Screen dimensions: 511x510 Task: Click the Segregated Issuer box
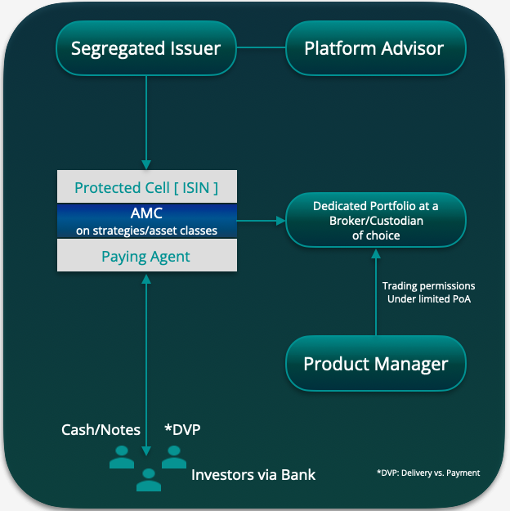145,47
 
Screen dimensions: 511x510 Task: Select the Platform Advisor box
375,47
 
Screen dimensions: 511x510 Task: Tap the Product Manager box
375,363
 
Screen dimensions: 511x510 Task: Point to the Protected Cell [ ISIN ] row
146,187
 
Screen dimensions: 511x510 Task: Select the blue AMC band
146,221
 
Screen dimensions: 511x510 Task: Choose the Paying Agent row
146,257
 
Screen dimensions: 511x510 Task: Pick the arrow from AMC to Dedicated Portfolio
260,220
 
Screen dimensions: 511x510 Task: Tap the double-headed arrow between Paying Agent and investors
146,360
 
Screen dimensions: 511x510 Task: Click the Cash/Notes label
101,430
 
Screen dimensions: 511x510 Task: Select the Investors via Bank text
253,475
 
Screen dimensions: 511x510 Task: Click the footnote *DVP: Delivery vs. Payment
427,473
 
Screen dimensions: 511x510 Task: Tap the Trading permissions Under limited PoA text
429,293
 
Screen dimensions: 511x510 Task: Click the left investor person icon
121,459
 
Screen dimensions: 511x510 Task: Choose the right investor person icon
173,458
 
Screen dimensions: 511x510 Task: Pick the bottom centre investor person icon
148,480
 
